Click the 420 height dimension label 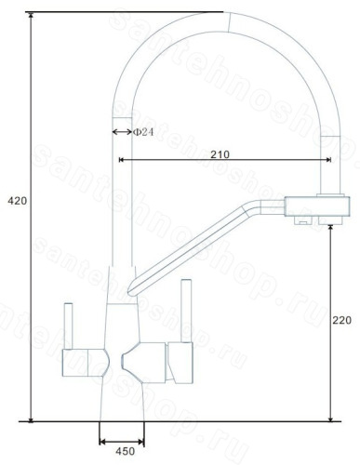click(x=18, y=201)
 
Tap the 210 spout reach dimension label click(x=220, y=154)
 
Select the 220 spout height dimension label click(x=342, y=320)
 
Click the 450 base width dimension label click(x=126, y=451)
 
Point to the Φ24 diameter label click(x=143, y=132)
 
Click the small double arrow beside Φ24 click(x=122, y=132)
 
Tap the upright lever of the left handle click(x=68, y=325)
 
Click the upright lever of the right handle click(x=186, y=311)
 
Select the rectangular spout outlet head click(x=317, y=206)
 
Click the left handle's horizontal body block click(x=84, y=363)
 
